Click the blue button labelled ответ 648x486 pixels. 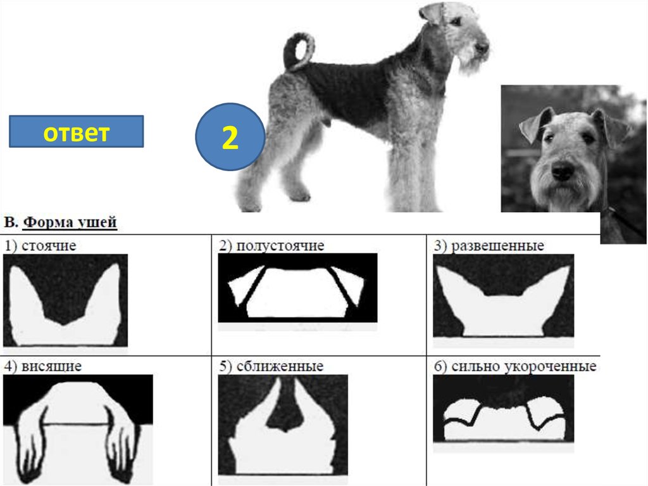click(x=77, y=132)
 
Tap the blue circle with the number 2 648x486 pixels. click(x=230, y=137)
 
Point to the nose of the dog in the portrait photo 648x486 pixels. click(x=562, y=170)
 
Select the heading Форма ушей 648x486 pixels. click(x=70, y=222)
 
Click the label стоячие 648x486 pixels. click(x=49, y=245)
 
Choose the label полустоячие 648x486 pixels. click(x=280, y=245)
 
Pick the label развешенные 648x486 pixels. click(x=497, y=245)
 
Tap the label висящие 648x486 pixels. click(x=51, y=366)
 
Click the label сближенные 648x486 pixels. click(x=280, y=366)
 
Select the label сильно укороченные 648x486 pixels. click(x=523, y=366)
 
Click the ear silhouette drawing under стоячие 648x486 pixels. click(x=65, y=300)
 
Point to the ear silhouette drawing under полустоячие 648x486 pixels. click(x=297, y=288)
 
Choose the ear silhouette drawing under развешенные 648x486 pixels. click(x=503, y=295)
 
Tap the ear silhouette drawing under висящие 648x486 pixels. click(x=78, y=429)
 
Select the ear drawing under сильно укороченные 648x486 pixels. click(x=503, y=409)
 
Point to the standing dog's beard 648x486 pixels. click(x=471, y=62)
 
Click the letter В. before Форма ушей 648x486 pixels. click(x=11, y=222)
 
